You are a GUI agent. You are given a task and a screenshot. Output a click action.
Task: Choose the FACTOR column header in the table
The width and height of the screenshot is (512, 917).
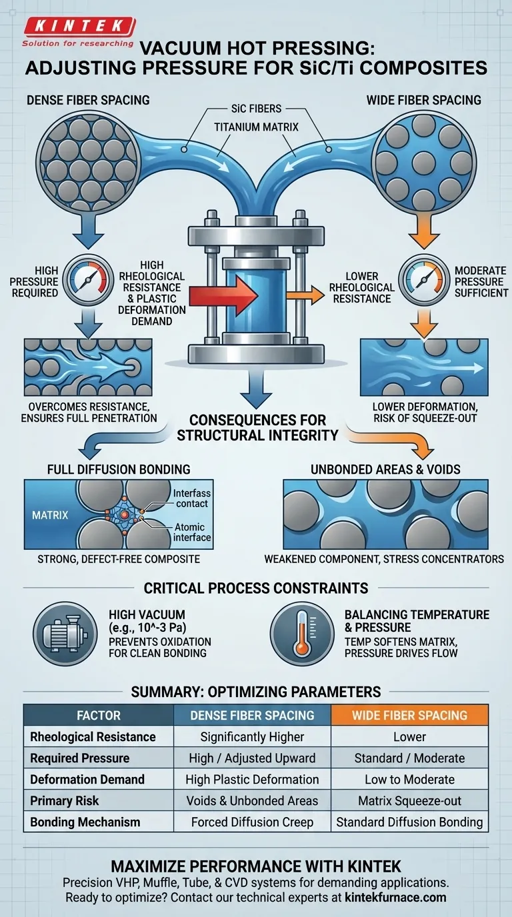click(98, 716)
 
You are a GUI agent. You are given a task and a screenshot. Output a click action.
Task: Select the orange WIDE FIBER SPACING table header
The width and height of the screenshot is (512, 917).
click(409, 716)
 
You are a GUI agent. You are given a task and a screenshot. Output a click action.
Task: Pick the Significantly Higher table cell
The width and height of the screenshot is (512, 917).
click(252, 737)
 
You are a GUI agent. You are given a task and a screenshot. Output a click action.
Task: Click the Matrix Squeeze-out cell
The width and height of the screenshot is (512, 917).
click(409, 801)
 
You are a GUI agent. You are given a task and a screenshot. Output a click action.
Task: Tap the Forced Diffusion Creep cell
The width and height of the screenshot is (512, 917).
click(252, 822)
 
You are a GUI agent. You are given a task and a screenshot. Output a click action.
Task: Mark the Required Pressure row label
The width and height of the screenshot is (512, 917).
click(80, 758)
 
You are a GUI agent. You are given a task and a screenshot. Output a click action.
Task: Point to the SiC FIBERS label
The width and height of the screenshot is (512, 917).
click(256, 108)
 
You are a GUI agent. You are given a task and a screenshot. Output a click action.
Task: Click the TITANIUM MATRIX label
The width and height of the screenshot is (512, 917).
click(256, 127)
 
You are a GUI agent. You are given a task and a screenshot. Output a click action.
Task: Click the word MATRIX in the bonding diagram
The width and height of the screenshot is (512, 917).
click(50, 515)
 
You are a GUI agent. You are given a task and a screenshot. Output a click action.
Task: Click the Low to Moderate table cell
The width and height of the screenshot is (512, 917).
click(409, 780)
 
